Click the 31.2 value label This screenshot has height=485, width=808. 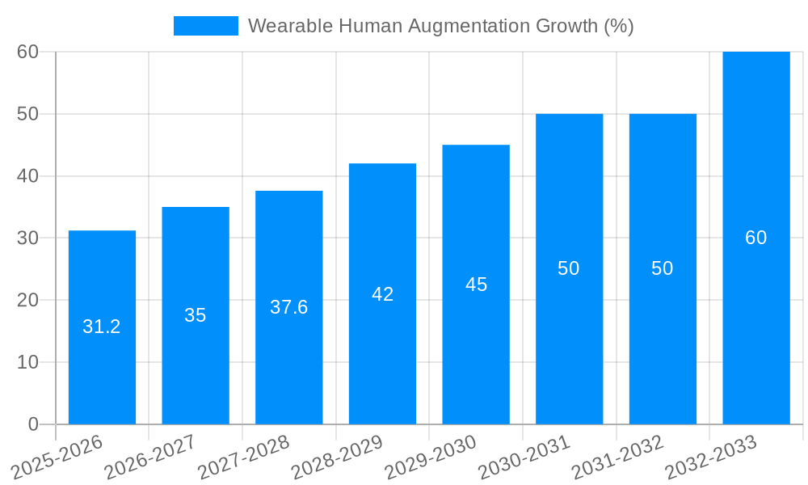pos(102,327)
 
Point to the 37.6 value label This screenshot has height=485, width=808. pos(288,307)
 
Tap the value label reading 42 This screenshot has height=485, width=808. pos(382,294)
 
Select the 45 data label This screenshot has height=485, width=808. pos(476,285)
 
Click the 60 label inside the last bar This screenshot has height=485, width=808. pos(756,238)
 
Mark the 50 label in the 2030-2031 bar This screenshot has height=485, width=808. pos(569,268)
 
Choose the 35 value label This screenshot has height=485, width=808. pos(196,315)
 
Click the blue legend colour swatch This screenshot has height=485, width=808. pos(205,26)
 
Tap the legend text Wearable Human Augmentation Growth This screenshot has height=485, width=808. pos(440,26)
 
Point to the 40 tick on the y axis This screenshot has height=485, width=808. pos(28,175)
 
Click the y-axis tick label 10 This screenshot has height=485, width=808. pos(28,362)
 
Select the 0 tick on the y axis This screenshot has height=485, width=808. pos(33,424)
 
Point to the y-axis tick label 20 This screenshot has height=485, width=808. pos(28,300)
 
